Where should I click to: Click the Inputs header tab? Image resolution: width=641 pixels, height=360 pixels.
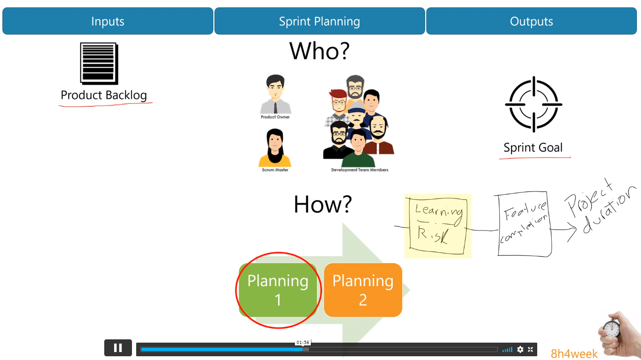[108, 21]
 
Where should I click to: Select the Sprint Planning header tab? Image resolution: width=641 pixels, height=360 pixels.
[319, 21]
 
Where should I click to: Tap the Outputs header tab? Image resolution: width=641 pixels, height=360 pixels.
[531, 21]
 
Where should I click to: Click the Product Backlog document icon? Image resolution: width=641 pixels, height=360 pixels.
[99, 63]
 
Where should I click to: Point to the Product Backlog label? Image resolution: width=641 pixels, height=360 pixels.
[104, 95]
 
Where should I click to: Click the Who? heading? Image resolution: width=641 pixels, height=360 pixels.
[319, 51]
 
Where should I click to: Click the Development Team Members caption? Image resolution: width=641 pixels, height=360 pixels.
[360, 170]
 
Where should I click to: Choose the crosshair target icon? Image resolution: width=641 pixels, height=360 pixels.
[533, 104]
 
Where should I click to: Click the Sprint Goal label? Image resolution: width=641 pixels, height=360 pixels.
[533, 148]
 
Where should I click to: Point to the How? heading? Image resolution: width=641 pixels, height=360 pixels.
[323, 204]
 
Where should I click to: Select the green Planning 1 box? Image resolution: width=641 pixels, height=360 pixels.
[278, 290]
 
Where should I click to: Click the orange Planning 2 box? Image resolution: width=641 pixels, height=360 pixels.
[363, 290]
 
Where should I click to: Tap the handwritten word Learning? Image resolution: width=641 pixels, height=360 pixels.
[439, 211]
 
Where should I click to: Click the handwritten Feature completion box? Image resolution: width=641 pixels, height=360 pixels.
[525, 223]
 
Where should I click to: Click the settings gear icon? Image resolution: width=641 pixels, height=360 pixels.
[520, 349]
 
